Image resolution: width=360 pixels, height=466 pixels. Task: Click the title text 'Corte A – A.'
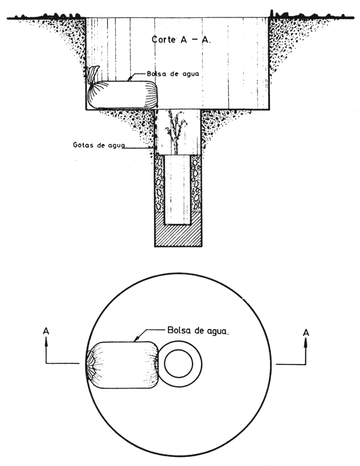(x=181, y=40)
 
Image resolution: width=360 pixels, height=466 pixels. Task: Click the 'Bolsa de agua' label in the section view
(x=173, y=73)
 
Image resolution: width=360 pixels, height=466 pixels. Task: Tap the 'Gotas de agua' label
(x=99, y=145)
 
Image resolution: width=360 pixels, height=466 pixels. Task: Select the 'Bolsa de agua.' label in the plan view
(x=198, y=330)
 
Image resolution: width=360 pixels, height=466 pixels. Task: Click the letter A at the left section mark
(x=46, y=331)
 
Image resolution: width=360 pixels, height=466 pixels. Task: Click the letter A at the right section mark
(x=306, y=332)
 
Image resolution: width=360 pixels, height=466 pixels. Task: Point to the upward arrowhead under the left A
(x=46, y=342)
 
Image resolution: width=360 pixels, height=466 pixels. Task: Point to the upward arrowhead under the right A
(x=306, y=343)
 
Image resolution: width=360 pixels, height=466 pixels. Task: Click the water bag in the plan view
(x=122, y=365)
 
